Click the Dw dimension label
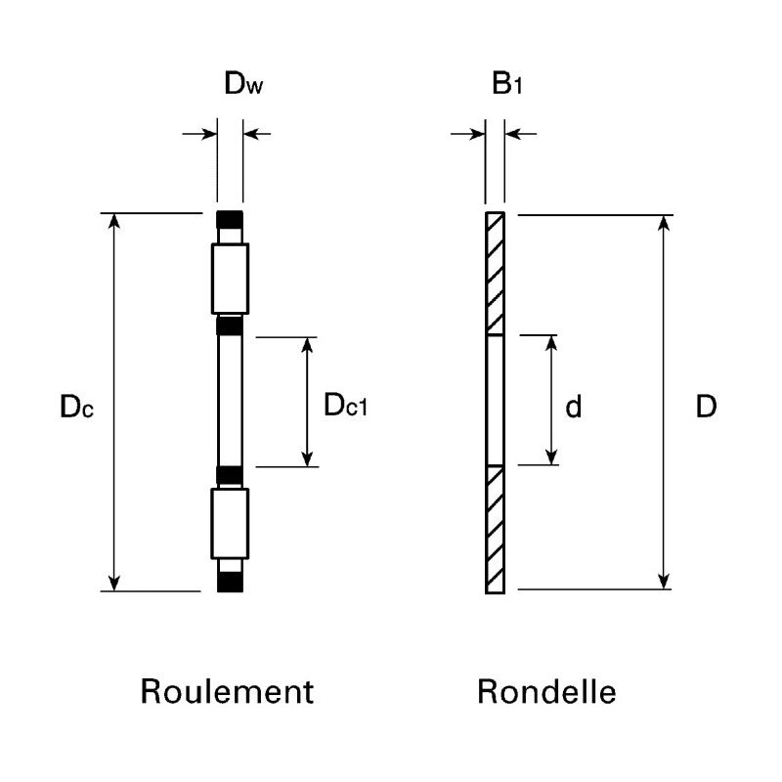pyautogui.click(x=243, y=83)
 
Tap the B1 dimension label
pyautogui.click(x=506, y=83)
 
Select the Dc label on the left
pyautogui.click(x=76, y=406)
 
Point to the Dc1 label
pyautogui.click(x=346, y=405)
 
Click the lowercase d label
pyautogui.click(x=574, y=407)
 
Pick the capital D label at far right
pyautogui.click(x=706, y=407)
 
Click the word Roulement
pyautogui.click(x=227, y=691)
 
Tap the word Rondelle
pyautogui.click(x=546, y=691)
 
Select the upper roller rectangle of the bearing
pyautogui.click(x=230, y=279)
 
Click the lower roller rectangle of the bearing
pyautogui.click(x=230, y=524)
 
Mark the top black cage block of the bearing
pyautogui.click(x=230, y=219)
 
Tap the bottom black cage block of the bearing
pyautogui.click(x=230, y=582)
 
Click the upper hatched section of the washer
pyautogui.click(x=495, y=274)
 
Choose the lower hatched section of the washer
pyautogui.click(x=495, y=530)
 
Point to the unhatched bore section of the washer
pyautogui.click(x=495, y=400)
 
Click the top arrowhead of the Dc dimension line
pyautogui.click(x=114, y=221)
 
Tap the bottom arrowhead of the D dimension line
pyautogui.click(x=664, y=581)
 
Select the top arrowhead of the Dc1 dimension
pyautogui.click(x=307, y=345)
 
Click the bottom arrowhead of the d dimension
pyautogui.click(x=551, y=456)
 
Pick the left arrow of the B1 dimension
pyautogui.click(x=468, y=134)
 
